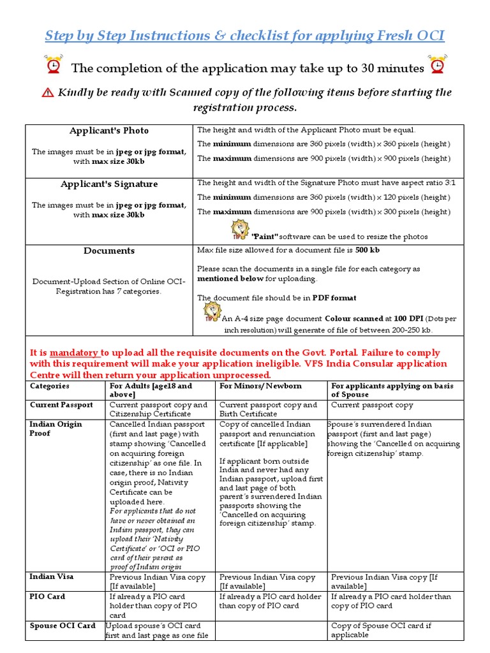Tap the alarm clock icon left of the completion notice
pyautogui.click(x=54, y=66)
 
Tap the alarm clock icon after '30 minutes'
pyautogui.click(x=438, y=66)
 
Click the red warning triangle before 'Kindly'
pyautogui.click(x=48, y=93)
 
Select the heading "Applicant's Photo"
pyautogui.click(x=109, y=131)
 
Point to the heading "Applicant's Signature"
pyautogui.click(x=109, y=184)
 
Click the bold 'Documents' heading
pyautogui.click(x=109, y=251)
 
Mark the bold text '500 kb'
pyautogui.click(x=368, y=251)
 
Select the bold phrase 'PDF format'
pyautogui.click(x=334, y=298)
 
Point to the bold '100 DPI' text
pyautogui.click(x=408, y=318)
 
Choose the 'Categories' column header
pyautogui.click(x=50, y=386)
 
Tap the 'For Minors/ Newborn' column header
pyautogui.click(x=260, y=386)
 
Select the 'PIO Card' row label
pyautogui.click(x=47, y=597)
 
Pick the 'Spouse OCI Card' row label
pyautogui.click(x=63, y=626)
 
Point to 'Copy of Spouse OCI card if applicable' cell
pyautogui.click(x=381, y=630)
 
